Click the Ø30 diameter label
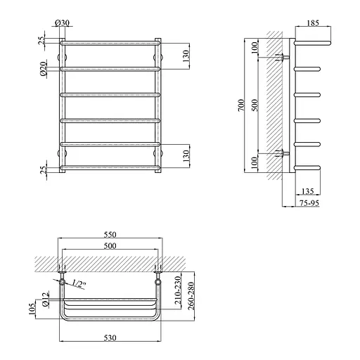point(62,23)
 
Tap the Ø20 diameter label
point(44,69)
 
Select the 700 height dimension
point(241,105)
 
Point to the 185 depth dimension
point(313,23)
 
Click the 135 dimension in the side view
point(307,191)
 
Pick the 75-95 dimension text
point(309,203)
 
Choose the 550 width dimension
point(110,234)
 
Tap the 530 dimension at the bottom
point(110,337)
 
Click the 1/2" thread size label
point(79,283)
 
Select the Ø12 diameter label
point(45,300)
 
